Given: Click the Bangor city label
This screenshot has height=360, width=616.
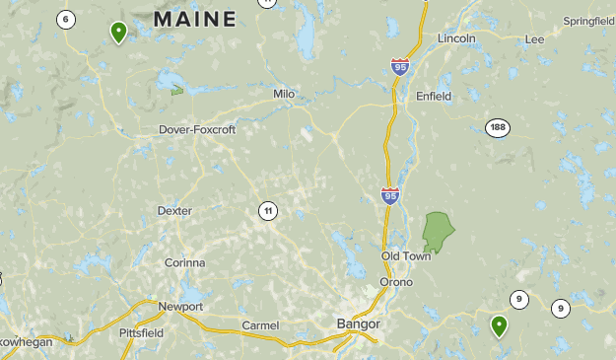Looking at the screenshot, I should click(x=358, y=324).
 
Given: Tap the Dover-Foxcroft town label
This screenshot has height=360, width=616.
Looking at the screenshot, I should click(x=198, y=129).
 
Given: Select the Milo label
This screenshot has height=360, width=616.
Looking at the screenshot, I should click(x=285, y=94).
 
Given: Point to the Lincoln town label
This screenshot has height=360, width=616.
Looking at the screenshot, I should click(x=456, y=38).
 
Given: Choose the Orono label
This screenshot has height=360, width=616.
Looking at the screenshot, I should click(x=396, y=282).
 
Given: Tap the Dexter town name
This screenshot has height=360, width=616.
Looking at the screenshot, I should click(x=174, y=211).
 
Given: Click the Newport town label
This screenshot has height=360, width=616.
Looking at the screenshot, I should click(x=180, y=307).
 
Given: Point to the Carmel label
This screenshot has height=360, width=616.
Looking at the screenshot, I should click(x=261, y=325).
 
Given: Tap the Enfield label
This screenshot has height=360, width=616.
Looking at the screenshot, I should click(x=434, y=97).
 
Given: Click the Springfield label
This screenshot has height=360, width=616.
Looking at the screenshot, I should click(x=588, y=21).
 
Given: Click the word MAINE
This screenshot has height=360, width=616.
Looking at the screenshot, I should click(x=195, y=19).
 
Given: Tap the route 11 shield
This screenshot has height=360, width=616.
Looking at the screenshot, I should click(x=268, y=210).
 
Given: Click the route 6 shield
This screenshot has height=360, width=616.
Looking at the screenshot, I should click(x=66, y=19).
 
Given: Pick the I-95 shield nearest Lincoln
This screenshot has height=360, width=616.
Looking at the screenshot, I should click(x=399, y=67).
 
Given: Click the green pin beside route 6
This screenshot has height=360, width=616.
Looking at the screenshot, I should click(x=118, y=32).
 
